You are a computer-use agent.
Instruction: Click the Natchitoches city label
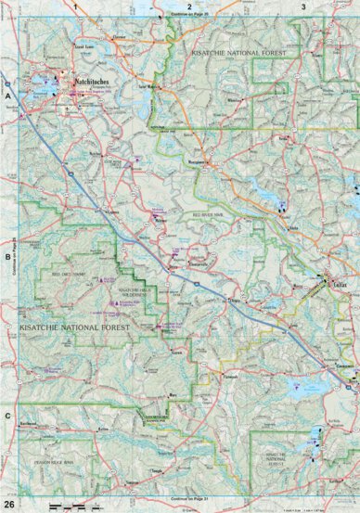(x=90, y=82)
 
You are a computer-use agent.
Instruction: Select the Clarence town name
(x=118, y=38)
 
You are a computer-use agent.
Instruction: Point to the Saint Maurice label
(x=150, y=89)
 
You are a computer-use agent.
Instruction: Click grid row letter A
(x=7, y=96)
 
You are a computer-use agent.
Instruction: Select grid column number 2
(x=189, y=6)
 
